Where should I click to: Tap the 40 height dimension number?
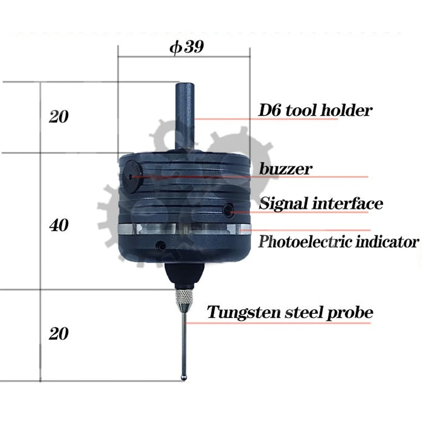point(59,226)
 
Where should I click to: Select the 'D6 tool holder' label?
point(316,111)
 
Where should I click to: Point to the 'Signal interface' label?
point(321,203)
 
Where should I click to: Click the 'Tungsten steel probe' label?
point(290,313)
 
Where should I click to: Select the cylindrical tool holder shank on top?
point(185,114)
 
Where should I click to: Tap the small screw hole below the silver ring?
point(160,246)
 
